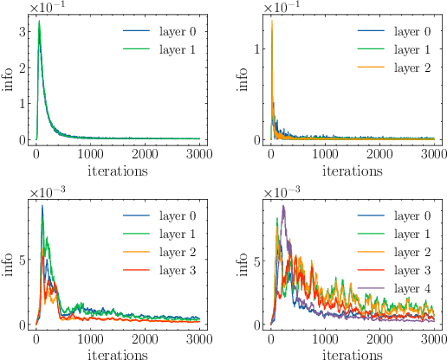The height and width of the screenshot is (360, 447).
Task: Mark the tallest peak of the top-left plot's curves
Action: [39, 22]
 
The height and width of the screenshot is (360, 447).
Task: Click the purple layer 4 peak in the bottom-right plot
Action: [282, 206]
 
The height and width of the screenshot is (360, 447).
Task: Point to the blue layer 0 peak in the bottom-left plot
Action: [42, 206]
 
